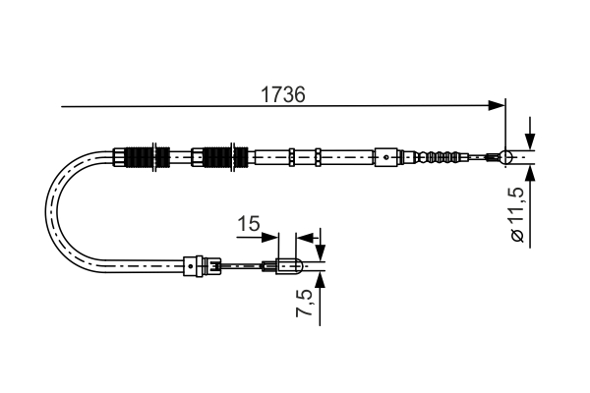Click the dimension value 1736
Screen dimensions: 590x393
coord(283,94)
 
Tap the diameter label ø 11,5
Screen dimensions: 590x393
coord(517,214)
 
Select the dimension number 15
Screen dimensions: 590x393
coord(249,223)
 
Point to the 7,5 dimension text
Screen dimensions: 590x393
coord(305,303)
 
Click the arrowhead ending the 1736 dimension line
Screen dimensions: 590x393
coord(497,106)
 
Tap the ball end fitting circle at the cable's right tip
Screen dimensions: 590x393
coord(506,157)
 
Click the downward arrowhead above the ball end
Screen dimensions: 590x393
coord(530,141)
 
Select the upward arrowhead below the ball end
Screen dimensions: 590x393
coord(530,173)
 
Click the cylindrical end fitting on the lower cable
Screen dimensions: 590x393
coord(288,266)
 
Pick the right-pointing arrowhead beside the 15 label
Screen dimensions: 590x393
coord(270,238)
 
